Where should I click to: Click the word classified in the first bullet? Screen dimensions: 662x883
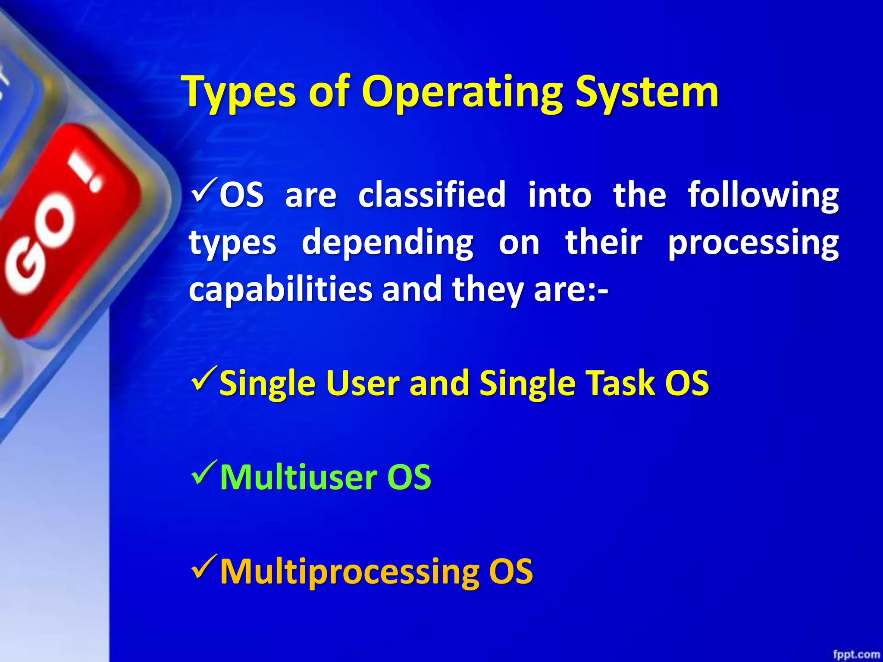[x=432, y=195]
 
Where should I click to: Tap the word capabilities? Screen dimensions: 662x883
[x=280, y=290]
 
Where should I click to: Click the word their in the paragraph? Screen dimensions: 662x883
[x=604, y=242]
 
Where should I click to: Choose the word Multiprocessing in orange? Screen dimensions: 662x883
[x=349, y=572]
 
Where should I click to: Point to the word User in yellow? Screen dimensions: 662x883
[x=361, y=383]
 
